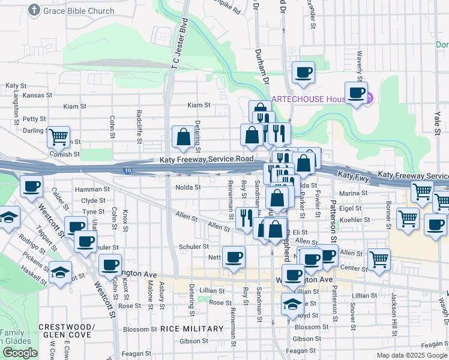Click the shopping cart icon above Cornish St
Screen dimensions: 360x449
(58, 137)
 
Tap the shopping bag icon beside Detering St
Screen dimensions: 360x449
(182, 137)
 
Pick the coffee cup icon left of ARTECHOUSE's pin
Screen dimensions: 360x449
(356, 92)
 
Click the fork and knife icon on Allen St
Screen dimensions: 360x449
(244, 217)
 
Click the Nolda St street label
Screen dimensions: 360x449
(187, 187)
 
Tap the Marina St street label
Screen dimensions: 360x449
(353, 193)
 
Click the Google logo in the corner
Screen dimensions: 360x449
(20, 353)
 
